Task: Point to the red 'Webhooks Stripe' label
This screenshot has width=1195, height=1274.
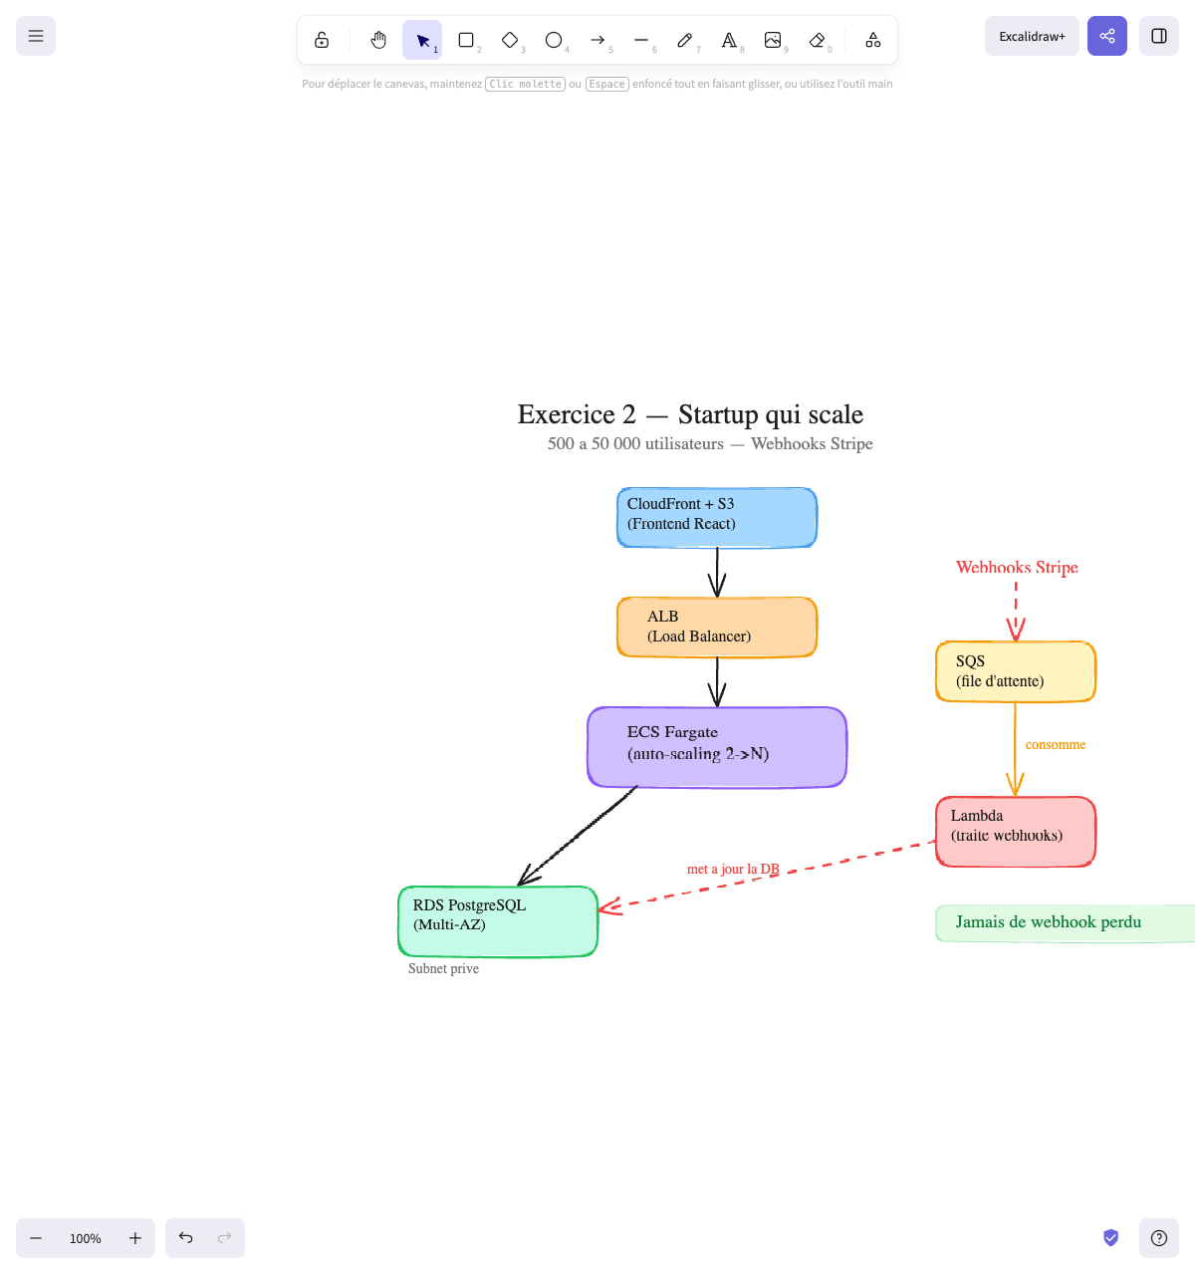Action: click(x=1017, y=568)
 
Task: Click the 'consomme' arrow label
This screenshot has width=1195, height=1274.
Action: click(x=1056, y=745)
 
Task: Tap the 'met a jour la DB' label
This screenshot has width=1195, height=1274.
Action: click(x=733, y=870)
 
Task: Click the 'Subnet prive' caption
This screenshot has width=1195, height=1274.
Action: click(x=443, y=969)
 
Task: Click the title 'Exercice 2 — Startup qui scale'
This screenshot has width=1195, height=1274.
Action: click(x=690, y=414)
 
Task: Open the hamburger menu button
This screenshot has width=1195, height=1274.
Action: click(x=36, y=36)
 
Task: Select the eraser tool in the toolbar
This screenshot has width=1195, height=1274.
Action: click(x=818, y=40)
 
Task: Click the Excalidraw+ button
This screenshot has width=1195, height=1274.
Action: click(x=1032, y=36)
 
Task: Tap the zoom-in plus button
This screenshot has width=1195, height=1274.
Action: click(x=135, y=1238)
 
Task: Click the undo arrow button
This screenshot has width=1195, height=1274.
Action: click(x=186, y=1238)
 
